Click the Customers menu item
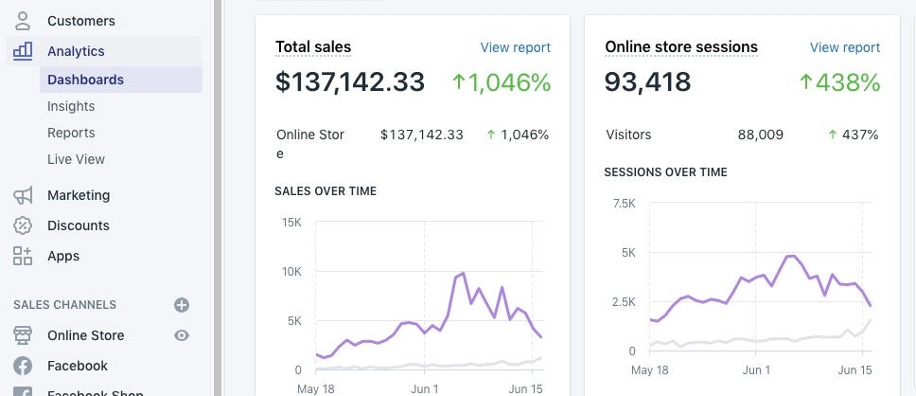[80, 21]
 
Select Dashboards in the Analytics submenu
[85, 80]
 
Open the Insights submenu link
[71, 106]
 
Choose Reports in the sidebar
[71, 133]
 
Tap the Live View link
[76, 159]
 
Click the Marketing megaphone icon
[23, 195]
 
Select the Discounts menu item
[78, 225]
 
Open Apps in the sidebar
[62, 256]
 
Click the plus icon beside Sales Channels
[182, 305]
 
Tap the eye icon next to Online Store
[182, 335]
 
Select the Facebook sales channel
[77, 366]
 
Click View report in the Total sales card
[515, 47]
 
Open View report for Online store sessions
[844, 47]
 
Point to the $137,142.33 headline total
[349, 82]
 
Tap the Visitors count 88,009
[760, 135]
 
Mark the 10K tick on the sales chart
[291, 272]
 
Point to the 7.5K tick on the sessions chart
[624, 204]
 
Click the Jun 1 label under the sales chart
[424, 389]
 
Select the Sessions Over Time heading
[665, 172]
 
